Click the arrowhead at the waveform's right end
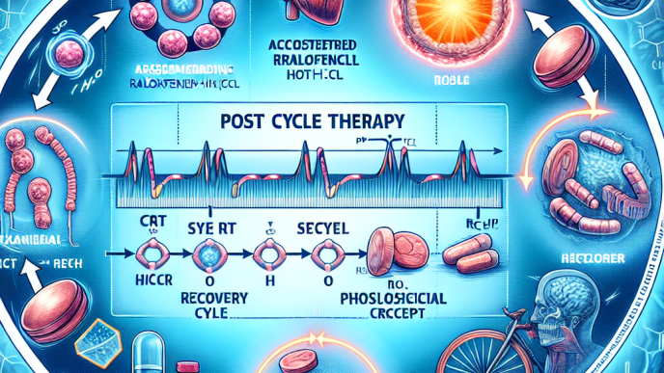500,151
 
